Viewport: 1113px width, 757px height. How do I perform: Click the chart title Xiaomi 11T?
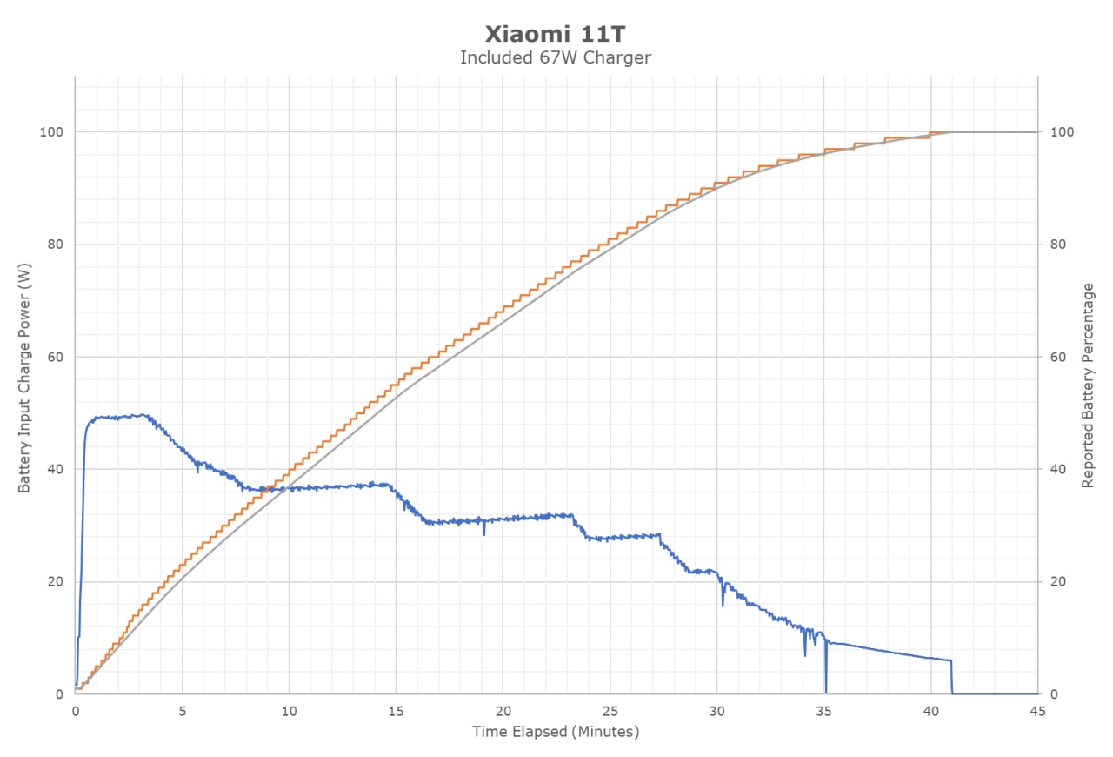[555, 34]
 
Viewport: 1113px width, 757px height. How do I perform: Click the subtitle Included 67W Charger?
[555, 57]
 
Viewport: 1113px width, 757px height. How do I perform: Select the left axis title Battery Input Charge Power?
[24, 378]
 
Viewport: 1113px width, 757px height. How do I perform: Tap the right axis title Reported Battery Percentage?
[1088, 385]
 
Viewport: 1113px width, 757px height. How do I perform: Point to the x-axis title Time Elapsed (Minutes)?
[556, 732]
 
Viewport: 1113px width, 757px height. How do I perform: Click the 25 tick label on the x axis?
[610, 712]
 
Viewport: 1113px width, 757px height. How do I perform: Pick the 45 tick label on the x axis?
[1037, 712]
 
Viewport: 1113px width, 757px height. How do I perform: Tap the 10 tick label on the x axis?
[290, 712]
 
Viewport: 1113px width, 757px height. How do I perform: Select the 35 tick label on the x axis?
[823, 712]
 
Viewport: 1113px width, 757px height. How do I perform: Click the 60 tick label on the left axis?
[55, 357]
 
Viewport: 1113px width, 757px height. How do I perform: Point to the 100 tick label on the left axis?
[51, 131]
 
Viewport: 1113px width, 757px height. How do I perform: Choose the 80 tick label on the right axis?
[1058, 245]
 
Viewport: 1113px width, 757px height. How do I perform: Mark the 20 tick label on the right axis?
[1058, 581]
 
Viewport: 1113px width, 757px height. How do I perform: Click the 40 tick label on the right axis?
[1058, 469]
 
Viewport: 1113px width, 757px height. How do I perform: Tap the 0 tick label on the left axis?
[59, 694]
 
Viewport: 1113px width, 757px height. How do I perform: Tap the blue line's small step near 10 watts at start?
[78, 637]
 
